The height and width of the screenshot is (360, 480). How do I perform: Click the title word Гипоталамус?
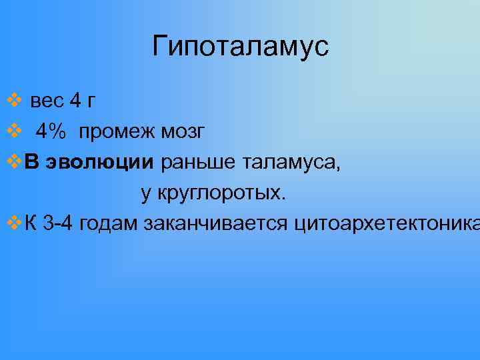pos(240,47)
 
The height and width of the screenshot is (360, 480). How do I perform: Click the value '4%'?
pos(51,132)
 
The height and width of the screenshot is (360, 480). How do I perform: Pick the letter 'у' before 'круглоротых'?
pos(145,194)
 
